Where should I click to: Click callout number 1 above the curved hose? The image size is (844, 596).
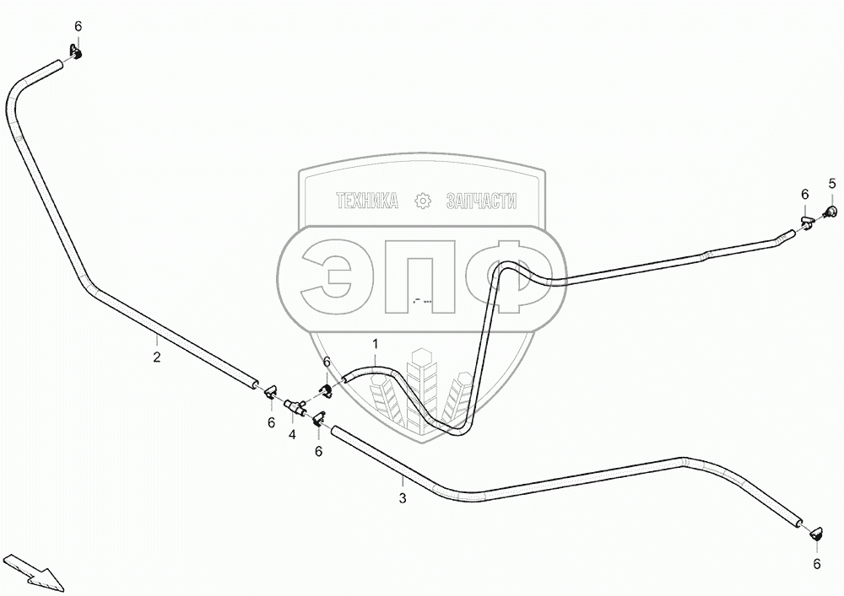(376, 344)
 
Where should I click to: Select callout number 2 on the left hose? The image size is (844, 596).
(157, 357)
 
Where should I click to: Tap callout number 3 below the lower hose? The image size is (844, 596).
(403, 498)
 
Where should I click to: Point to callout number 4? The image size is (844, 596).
(292, 435)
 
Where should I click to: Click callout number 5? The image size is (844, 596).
(831, 184)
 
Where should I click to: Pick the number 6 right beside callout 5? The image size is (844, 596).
(805, 195)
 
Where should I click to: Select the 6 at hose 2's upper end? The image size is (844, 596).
(78, 27)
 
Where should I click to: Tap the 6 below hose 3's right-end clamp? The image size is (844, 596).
(816, 564)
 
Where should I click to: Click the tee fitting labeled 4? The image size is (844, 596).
(296, 408)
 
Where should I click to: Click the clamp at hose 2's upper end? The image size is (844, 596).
(74, 56)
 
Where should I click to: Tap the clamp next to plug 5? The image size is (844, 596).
(806, 223)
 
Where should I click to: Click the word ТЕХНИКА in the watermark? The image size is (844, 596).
(366, 201)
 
